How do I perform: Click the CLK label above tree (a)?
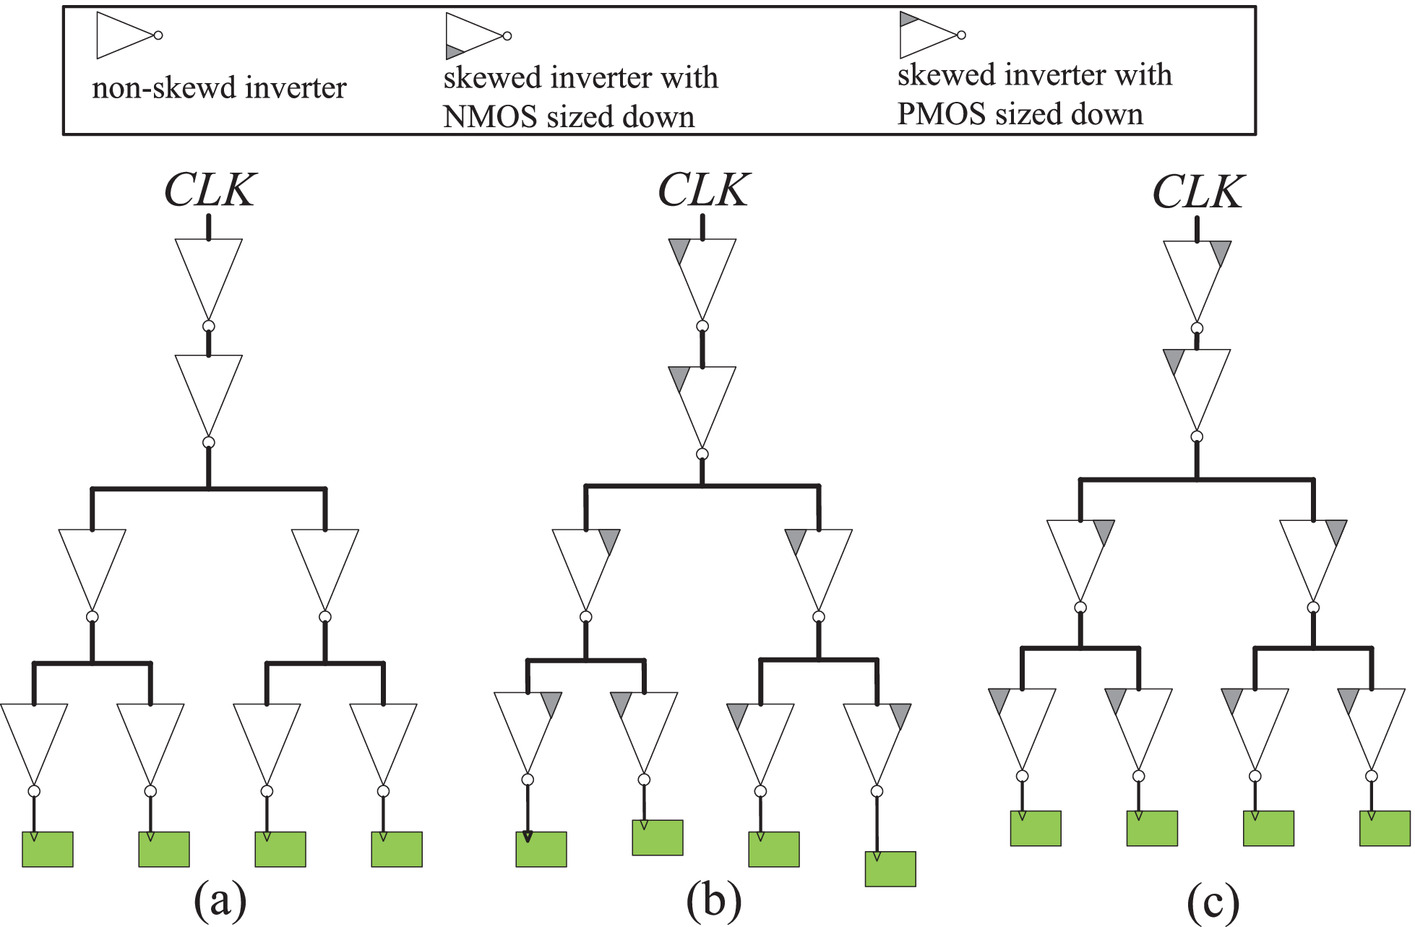pos(210,191)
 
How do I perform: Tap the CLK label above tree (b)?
pos(703,191)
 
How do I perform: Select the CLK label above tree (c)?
pos(1197,192)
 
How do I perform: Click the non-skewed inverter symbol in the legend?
pos(126,35)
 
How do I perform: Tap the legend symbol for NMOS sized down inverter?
pos(476,36)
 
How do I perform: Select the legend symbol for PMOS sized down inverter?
pos(930,35)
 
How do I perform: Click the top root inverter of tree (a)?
pos(209,275)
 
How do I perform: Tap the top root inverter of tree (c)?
pos(1197,276)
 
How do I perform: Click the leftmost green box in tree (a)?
pos(48,849)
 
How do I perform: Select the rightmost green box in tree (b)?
pos(890,868)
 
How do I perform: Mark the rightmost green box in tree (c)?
pos(1385,828)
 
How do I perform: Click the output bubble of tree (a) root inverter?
pos(209,327)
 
